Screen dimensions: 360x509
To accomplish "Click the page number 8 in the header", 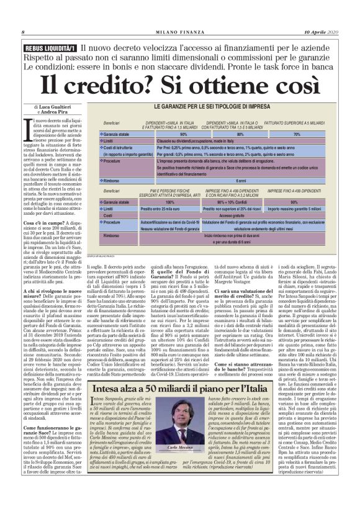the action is point(23,32).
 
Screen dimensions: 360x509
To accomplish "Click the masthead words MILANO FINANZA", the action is point(179,32).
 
